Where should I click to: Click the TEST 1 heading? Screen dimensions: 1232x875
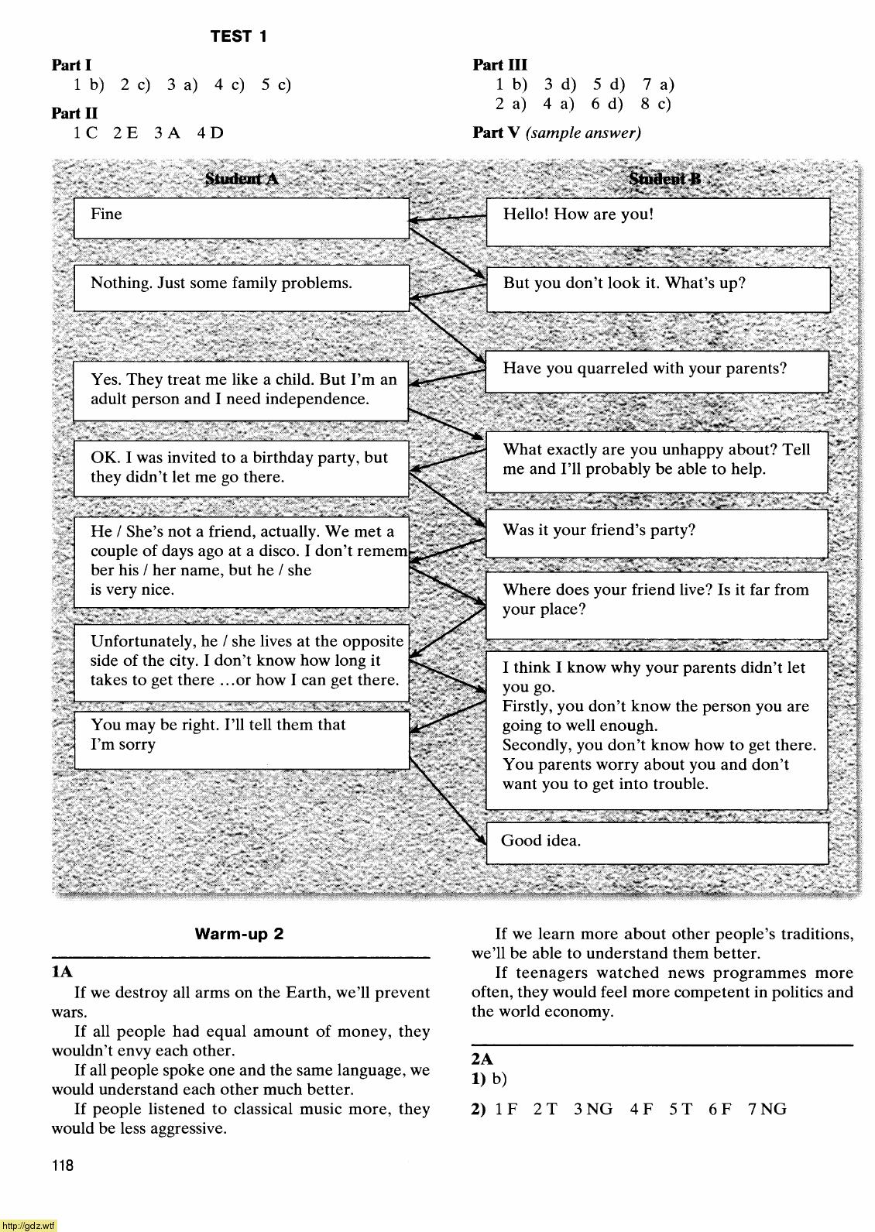coord(238,36)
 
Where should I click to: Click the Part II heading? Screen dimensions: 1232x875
coord(74,113)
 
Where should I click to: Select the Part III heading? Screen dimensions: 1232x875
coord(499,65)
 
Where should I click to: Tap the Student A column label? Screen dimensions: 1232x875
coord(241,180)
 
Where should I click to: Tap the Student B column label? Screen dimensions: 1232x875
coord(664,180)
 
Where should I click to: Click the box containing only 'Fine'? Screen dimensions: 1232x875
coord(241,218)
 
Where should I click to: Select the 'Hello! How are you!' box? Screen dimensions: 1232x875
coord(657,222)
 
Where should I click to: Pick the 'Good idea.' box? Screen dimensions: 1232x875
coord(657,842)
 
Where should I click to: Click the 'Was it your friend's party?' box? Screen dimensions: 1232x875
coord(657,534)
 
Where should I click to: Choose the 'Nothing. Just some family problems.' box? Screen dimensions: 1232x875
coord(241,287)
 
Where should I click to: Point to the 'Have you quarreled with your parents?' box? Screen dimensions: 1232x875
coord(657,371)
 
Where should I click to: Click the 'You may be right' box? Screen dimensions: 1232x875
coord(241,740)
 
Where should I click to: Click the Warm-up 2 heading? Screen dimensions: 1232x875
coord(238,934)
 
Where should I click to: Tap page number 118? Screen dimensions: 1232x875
coord(63,1165)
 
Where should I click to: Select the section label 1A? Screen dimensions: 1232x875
coord(62,972)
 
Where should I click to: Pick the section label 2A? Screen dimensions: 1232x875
coord(482,1059)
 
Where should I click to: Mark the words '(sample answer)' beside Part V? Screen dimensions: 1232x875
coord(583,132)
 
